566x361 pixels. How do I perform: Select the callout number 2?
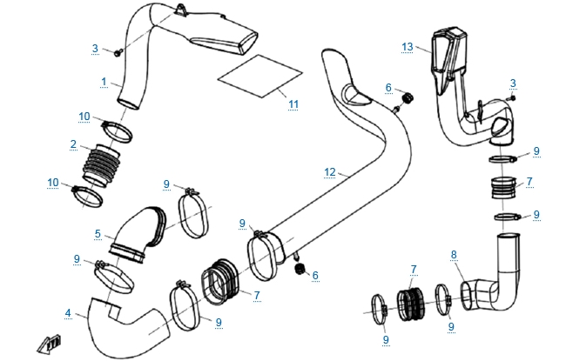74,144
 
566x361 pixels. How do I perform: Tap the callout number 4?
68,313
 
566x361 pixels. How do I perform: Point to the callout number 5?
98,233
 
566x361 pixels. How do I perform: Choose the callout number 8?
453,254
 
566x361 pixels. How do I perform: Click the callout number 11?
293,104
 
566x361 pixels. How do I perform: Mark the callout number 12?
328,172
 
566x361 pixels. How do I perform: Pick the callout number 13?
406,44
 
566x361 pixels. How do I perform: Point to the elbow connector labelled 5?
139,233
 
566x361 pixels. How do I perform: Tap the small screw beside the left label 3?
116,54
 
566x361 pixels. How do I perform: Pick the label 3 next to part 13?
513,83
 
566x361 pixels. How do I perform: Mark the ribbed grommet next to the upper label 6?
404,92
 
